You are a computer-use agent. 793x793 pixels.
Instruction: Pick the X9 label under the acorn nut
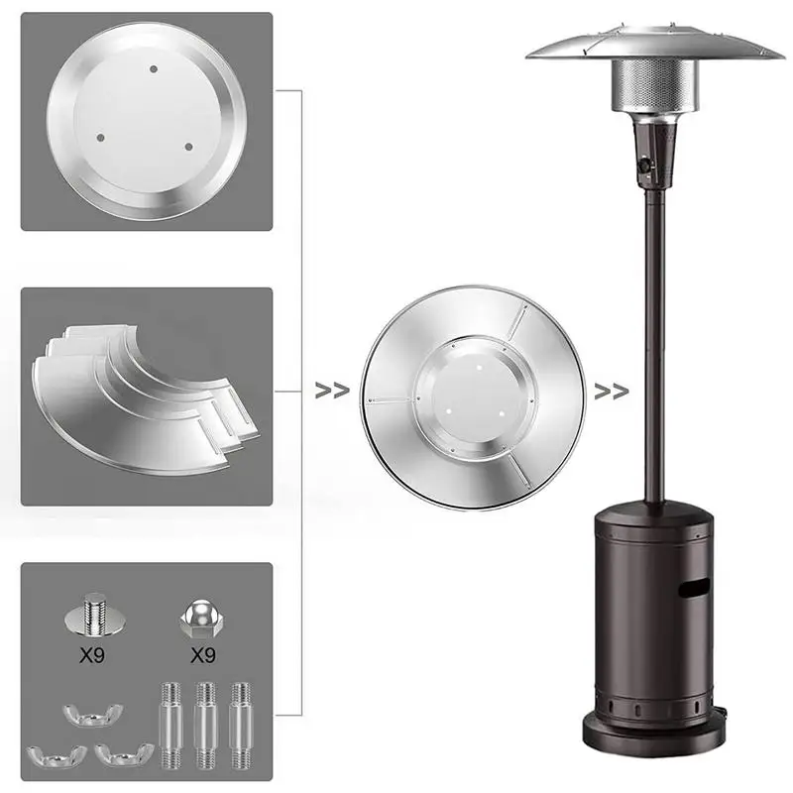(202, 655)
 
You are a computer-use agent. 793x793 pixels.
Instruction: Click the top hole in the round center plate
(153, 68)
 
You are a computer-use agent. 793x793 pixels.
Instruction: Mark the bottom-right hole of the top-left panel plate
(188, 146)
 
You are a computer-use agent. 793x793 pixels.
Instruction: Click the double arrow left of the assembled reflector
(332, 391)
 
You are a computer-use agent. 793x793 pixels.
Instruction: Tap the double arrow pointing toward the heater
(611, 391)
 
